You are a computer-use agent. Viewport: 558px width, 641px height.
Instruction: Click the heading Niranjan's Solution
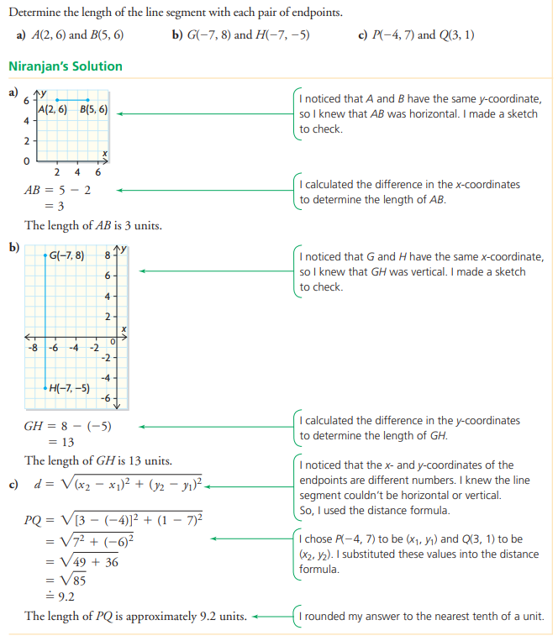point(65,66)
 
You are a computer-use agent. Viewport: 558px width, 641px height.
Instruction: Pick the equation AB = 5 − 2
point(57,190)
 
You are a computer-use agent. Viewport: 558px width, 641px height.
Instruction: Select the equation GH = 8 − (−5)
point(67,426)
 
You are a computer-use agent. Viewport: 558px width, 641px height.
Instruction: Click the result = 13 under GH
point(61,442)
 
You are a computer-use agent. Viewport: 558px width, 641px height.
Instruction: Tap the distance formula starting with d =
point(118,485)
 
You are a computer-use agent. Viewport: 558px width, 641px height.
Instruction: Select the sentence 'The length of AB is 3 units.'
point(93,225)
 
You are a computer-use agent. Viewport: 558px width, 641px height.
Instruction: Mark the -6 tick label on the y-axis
point(107,397)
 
